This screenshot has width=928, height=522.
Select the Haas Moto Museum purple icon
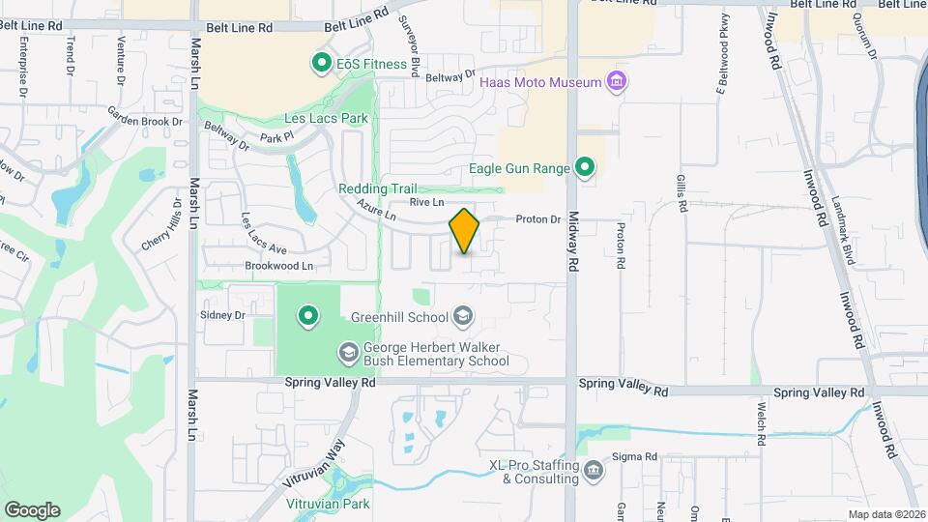coord(616,82)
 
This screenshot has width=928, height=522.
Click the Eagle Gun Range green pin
coord(584,168)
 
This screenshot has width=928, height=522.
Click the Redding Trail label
coord(376,188)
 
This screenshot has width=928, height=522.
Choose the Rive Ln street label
coord(425,202)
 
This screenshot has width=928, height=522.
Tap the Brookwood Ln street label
coord(279,265)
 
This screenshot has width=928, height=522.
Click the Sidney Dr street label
coord(223,315)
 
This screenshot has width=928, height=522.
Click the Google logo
coord(32,509)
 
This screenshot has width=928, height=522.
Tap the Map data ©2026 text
coord(885,514)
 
